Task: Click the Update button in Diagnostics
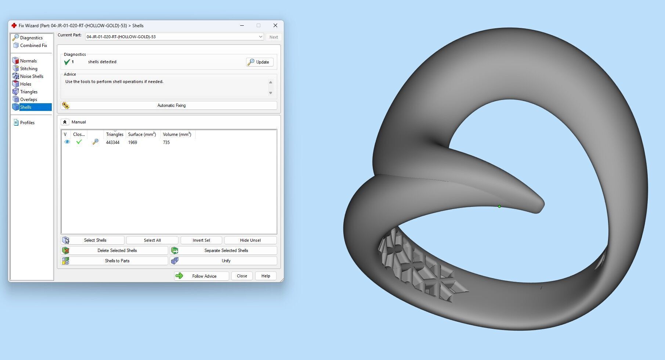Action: coord(260,62)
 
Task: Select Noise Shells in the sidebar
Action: coord(32,76)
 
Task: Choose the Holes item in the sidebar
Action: coord(25,84)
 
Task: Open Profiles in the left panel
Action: coord(27,123)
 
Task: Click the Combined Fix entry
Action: coord(33,46)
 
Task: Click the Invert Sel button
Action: coord(201,240)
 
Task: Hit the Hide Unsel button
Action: coord(250,240)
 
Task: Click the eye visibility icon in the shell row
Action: coord(67,142)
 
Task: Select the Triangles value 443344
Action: coord(113,143)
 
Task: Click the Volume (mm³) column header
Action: coord(177,134)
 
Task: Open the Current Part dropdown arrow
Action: coord(260,37)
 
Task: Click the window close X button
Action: coord(275,25)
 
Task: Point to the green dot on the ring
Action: coord(499,206)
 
